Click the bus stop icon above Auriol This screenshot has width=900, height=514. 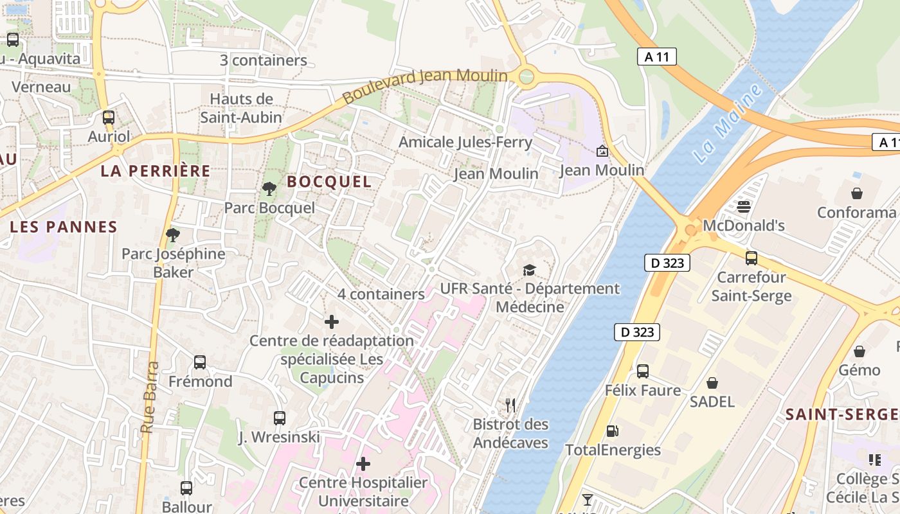point(109,118)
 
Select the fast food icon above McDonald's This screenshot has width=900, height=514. point(744,206)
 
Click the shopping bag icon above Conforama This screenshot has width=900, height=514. point(857,193)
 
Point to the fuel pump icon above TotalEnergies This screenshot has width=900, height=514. point(613,431)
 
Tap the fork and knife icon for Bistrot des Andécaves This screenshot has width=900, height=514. point(510,405)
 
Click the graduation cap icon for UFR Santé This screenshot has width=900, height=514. point(529,270)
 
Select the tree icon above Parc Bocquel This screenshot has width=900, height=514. point(269,188)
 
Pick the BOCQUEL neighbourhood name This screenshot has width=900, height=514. point(329,182)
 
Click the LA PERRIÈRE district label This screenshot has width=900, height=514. point(156,171)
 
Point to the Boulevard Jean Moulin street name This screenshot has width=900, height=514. point(425,86)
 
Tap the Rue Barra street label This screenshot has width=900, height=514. point(150,397)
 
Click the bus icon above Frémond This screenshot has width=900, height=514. point(200,362)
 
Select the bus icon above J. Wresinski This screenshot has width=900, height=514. point(280,418)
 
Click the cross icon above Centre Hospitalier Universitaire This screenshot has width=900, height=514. point(363,463)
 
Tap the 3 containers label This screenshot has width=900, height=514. point(264,60)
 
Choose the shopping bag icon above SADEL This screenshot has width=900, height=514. point(712,383)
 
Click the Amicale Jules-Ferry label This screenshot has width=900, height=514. point(465,142)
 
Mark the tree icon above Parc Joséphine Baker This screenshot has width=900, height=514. point(172,235)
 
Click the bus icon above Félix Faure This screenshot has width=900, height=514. point(643,371)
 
